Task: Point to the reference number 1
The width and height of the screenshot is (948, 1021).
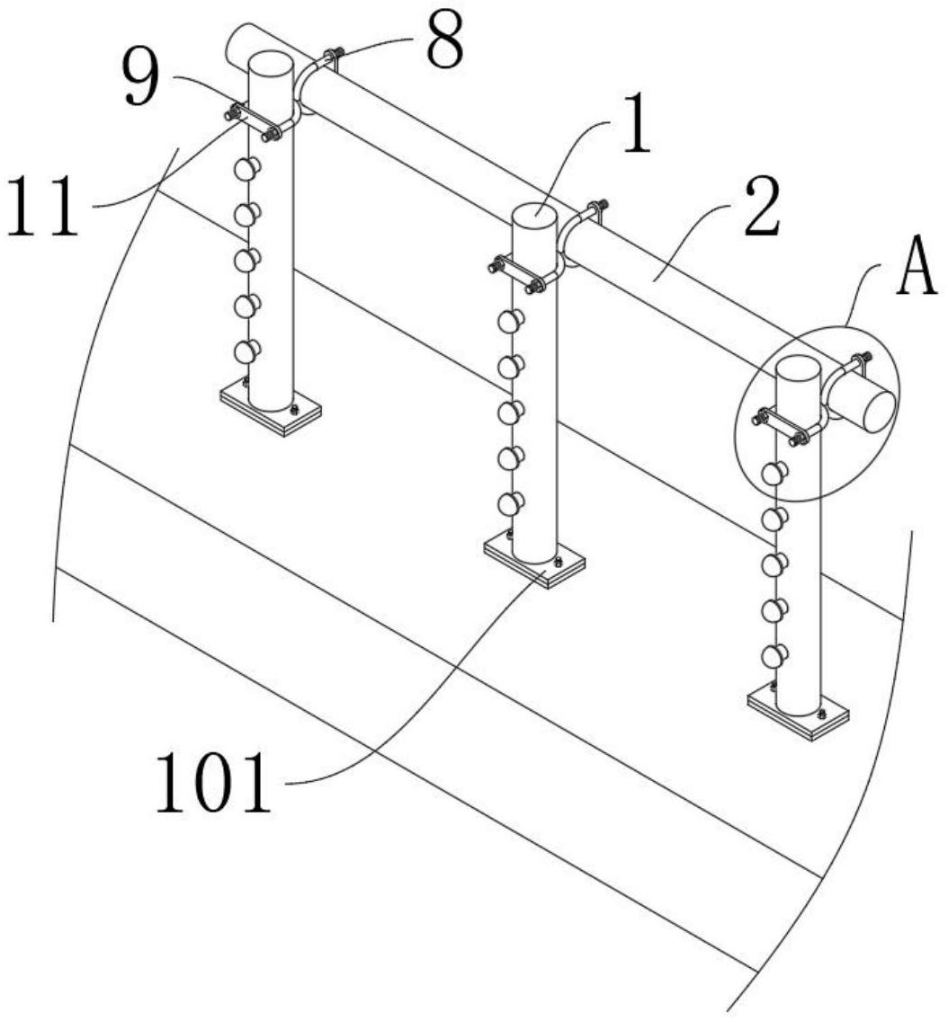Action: point(637,124)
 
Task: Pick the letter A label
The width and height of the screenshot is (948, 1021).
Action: point(917,266)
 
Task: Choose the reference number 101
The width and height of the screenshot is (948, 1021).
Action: point(213,783)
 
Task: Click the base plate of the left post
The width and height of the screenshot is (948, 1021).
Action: point(271,411)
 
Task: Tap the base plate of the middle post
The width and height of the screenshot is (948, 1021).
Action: point(534,564)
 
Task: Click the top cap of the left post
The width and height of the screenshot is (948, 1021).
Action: point(271,64)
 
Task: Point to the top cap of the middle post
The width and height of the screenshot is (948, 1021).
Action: point(534,216)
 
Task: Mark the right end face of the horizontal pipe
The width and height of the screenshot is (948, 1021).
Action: point(879,410)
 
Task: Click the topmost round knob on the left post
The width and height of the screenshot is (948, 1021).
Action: point(246,169)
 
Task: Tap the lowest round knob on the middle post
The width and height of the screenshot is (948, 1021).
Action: point(510,503)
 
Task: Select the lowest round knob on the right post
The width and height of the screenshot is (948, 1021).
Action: point(774,655)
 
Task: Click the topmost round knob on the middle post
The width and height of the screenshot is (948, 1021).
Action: point(510,321)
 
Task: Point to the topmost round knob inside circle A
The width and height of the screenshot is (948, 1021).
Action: point(774,474)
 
